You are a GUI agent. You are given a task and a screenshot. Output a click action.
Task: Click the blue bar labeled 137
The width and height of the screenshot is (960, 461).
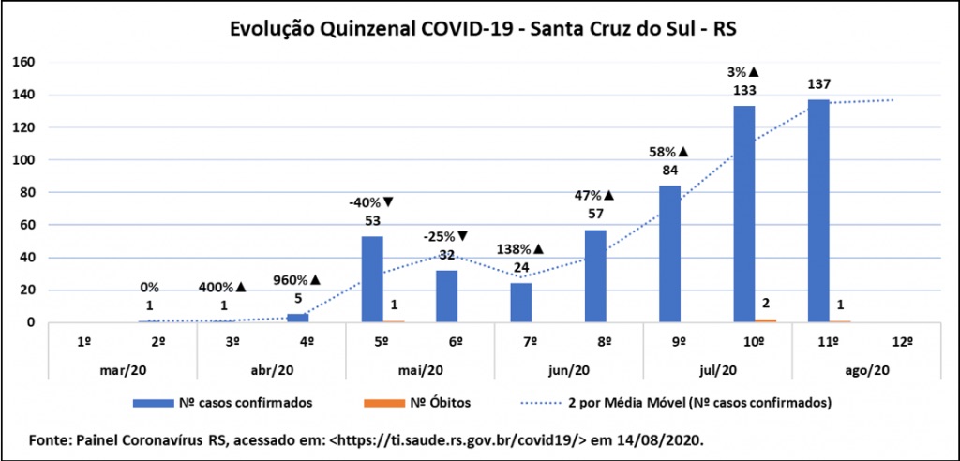pyautogui.click(x=818, y=211)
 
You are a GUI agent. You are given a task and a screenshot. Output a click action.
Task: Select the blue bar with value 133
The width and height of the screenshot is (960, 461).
pyautogui.click(x=744, y=215)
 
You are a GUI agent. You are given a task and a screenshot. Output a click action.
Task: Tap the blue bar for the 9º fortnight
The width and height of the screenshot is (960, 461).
pyautogui.click(x=669, y=254)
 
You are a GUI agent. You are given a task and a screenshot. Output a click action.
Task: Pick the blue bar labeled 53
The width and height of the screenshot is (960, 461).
pyautogui.click(x=372, y=279)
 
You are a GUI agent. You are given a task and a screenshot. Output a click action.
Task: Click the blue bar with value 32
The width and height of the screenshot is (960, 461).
pyautogui.click(x=446, y=296)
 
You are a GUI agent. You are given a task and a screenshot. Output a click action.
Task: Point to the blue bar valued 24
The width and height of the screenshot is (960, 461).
pyautogui.click(x=520, y=303)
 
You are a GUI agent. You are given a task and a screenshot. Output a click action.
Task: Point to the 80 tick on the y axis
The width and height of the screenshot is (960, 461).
pyautogui.click(x=27, y=192)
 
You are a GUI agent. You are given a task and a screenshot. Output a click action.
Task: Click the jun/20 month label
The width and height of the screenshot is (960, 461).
pyautogui.click(x=568, y=369)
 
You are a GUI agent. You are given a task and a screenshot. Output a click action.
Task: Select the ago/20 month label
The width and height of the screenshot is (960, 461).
pyautogui.click(x=866, y=369)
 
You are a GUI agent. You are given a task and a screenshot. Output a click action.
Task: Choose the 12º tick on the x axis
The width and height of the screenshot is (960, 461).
pyautogui.click(x=903, y=340)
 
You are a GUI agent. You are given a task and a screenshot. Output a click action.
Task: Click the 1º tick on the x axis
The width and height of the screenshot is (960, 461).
pyautogui.click(x=85, y=340)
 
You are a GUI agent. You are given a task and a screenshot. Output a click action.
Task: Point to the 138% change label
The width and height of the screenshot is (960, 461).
pyautogui.click(x=521, y=250)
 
